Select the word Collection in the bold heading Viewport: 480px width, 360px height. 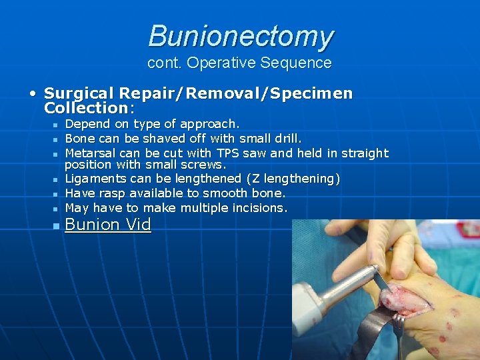[x=85, y=107]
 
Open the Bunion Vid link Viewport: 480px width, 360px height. [x=108, y=225]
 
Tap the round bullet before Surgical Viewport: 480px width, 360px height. [x=32, y=93]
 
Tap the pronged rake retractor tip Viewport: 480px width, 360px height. [x=398, y=327]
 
